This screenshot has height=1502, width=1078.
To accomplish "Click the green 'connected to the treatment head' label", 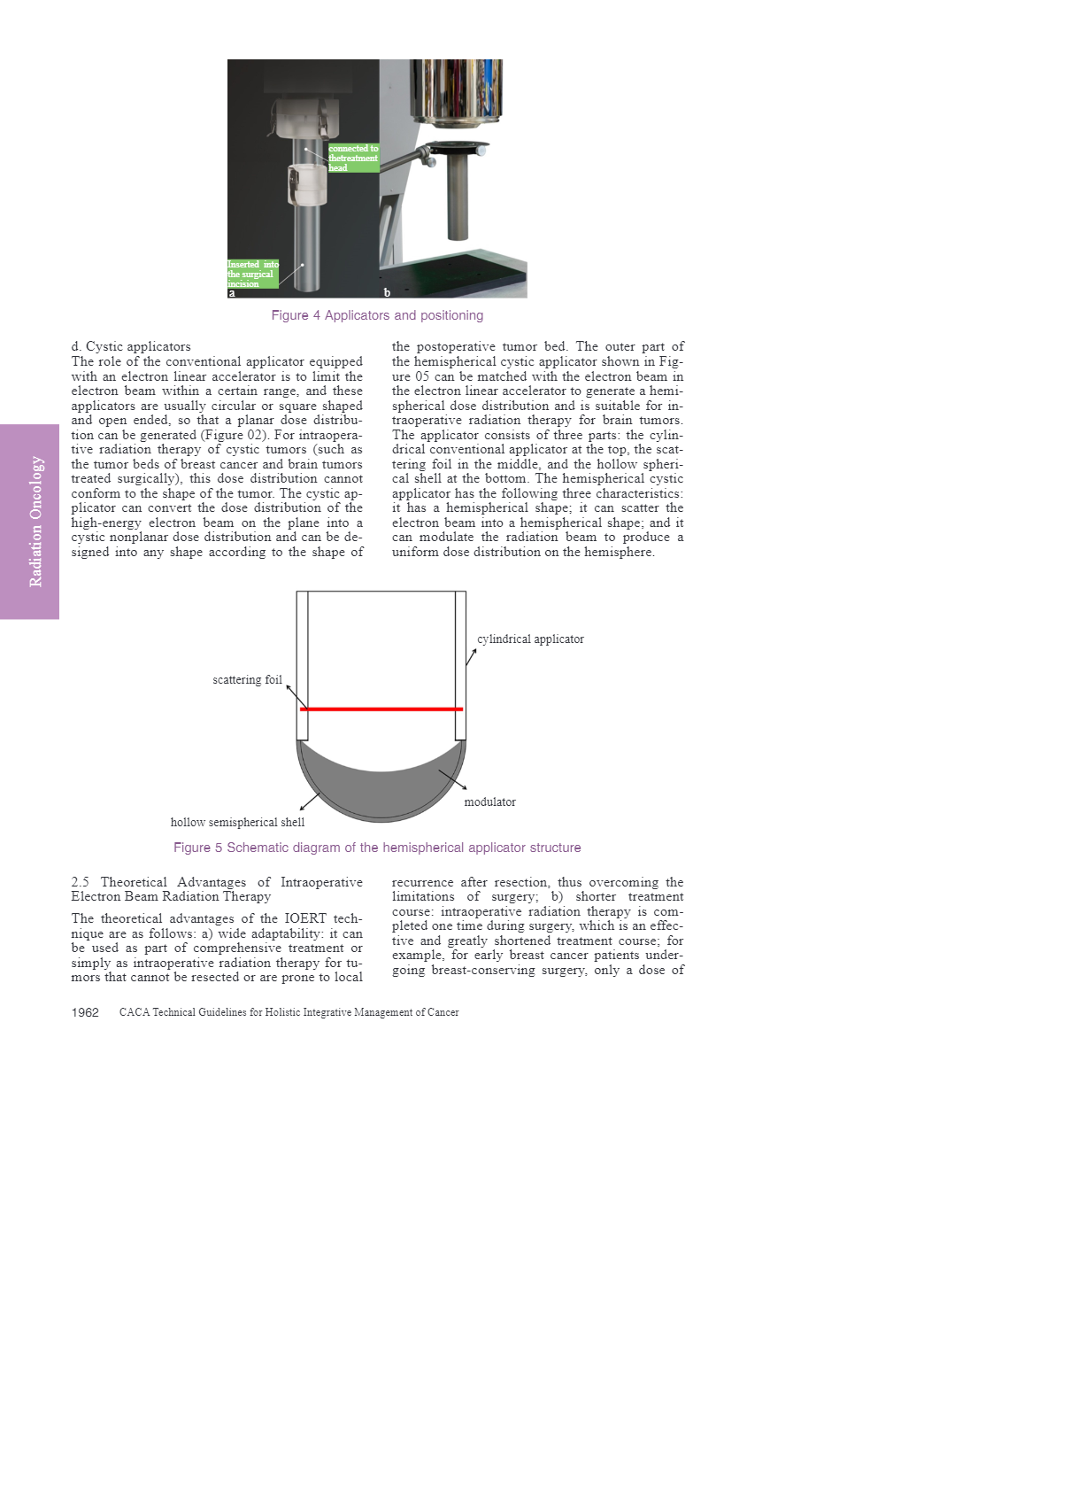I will [353, 159].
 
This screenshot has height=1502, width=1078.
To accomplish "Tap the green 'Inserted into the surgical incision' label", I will [252, 274].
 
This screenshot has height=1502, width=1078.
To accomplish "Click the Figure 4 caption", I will [377, 315].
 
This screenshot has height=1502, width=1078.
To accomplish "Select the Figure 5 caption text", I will [377, 848].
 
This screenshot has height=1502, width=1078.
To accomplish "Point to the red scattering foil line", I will [381, 709].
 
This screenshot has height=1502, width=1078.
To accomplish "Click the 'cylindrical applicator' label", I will [530, 639].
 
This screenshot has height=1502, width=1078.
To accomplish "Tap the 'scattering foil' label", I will [247, 680].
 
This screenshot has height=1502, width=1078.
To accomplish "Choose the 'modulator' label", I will [489, 802].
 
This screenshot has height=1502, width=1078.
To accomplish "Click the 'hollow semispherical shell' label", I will [237, 823].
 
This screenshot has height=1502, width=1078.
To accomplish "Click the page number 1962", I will [85, 1012].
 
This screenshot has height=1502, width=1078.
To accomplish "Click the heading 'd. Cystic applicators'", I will [131, 346].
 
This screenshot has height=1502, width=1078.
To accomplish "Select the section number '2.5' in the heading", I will [81, 882].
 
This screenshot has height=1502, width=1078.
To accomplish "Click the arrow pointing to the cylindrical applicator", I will [472, 656].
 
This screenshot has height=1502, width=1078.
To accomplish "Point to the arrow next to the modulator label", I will [453, 779].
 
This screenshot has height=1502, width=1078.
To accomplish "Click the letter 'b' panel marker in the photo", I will [387, 292].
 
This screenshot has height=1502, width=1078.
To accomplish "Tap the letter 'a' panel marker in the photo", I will [232, 292].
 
